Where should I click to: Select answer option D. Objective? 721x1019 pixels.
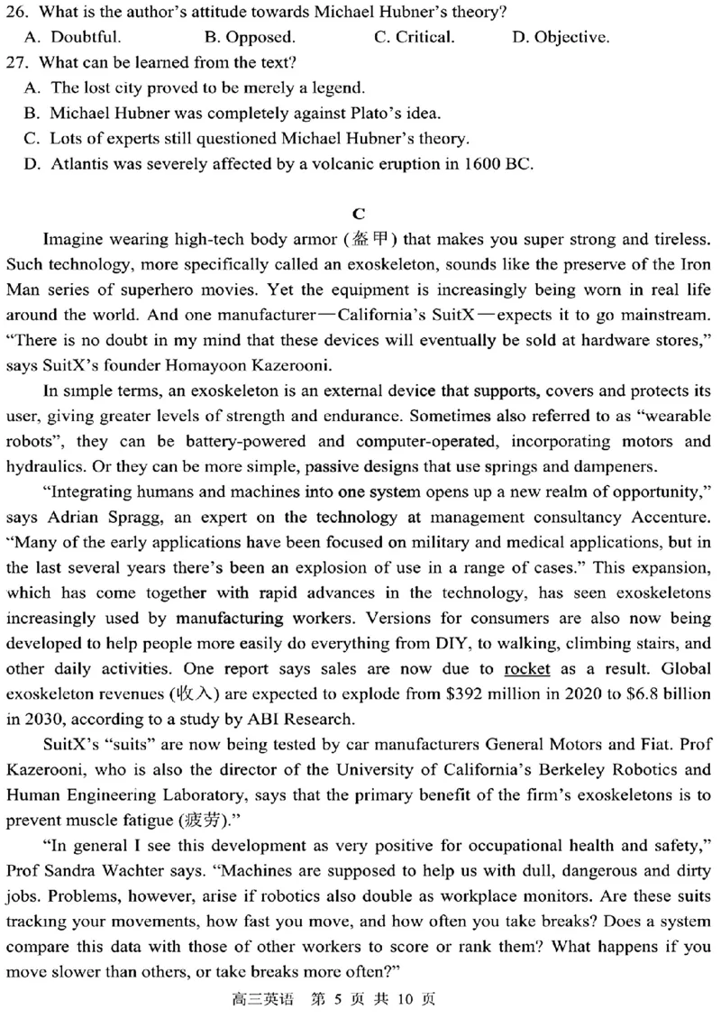click(560, 38)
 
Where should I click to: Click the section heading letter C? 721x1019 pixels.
click(359, 214)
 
